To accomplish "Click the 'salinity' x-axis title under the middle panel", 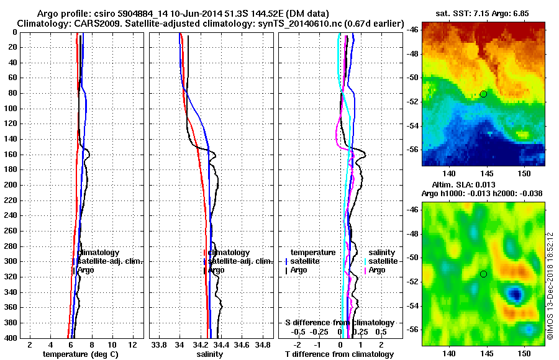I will [209, 354].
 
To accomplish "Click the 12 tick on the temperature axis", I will [132, 344].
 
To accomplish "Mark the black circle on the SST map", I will [483, 94].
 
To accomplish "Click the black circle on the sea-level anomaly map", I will [483, 274].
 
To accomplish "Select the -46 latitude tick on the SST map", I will [412, 29].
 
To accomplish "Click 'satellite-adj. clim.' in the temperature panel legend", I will [110, 261].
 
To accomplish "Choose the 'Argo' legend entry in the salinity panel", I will [216, 270].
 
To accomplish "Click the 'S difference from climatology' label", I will [340, 323].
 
